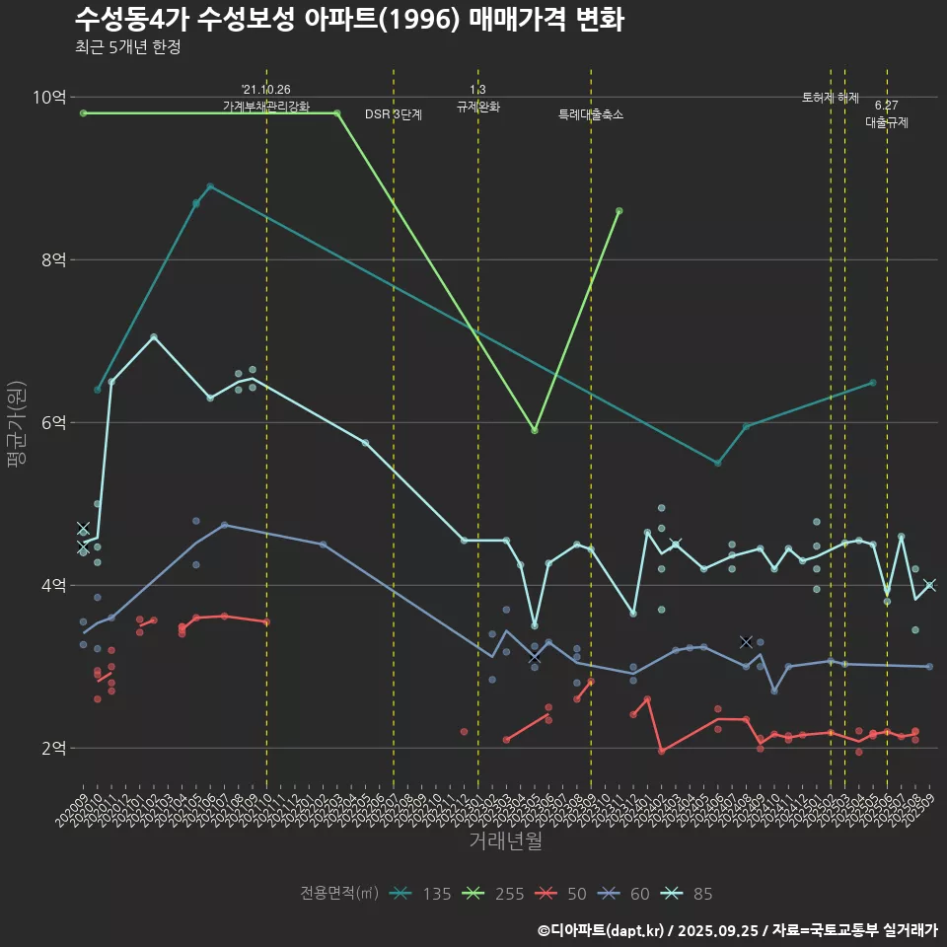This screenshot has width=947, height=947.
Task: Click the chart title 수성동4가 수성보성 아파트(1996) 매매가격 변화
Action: [x=348, y=20]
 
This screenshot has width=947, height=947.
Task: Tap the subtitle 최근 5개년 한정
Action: [x=127, y=47]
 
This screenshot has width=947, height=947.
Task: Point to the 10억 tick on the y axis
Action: [x=49, y=97]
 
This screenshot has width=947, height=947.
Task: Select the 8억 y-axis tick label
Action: [x=53, y=259]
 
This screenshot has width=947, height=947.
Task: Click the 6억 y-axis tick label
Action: [x=53, y=422]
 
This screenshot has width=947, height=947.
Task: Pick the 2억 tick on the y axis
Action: [x=53, y=748]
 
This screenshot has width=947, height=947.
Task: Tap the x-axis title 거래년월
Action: [x=505, y=841]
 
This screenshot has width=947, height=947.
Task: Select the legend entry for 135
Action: [x=420, y=894]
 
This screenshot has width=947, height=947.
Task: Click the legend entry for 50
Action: [x=561, y=894]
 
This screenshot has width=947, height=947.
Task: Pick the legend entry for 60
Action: [x=624, y=894]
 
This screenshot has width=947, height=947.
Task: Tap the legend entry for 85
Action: [x=688, y=894]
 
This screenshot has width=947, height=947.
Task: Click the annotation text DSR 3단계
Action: [x=394, y=114]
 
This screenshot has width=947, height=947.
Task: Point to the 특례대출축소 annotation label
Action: [x=591, y=114]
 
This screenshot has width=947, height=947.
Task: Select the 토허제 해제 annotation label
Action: [x=831, y=98]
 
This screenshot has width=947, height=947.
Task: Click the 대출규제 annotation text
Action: [x=887, y=123]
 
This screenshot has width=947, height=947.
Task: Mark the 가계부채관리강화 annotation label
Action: [x=266, y=107]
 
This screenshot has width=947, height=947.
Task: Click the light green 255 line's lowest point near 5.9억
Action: [x=535, y=430]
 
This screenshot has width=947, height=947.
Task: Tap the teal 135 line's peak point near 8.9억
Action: [x=210, y=186]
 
